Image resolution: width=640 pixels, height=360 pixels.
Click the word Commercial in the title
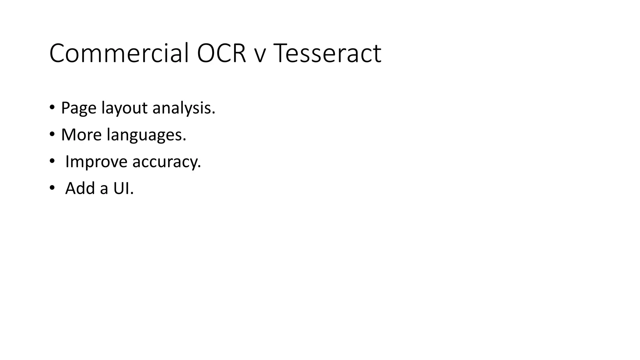[x=119, y=53]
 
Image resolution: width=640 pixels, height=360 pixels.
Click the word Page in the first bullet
[x=78, y=108]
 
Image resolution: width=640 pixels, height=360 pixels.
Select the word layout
[x=125, y=108]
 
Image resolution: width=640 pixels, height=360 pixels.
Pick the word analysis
[x=182, y=108]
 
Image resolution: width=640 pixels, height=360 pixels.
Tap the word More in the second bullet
[x=81, y=135]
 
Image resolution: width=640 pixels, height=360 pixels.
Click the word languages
[x=144, y=135]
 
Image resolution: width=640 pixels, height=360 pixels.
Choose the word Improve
[x=96, y=162]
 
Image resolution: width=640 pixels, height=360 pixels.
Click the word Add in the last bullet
[x=80, y=188]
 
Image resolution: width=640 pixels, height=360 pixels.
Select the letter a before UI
[x=104, y=190]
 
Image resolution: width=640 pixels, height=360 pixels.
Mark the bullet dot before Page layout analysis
[x=52, y=107]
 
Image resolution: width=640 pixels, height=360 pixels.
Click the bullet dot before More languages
[x=52, y=134]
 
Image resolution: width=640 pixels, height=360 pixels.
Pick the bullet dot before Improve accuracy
[x=52, y=161]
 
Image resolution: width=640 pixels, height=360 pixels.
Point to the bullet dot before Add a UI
[x=52, y=188]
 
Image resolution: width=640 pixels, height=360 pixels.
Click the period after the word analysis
[x=214, y=113]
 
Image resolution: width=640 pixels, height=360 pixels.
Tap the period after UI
[x=132, y=194]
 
